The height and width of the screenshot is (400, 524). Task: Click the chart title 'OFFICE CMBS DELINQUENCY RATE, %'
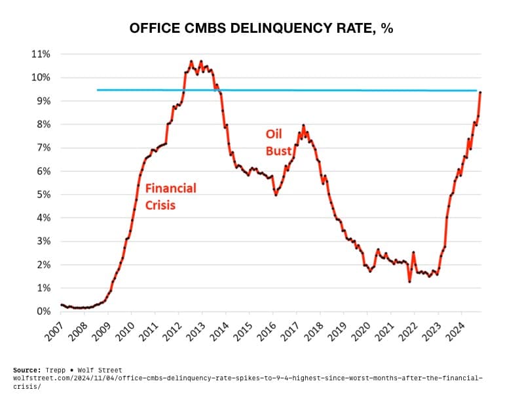[261, 29]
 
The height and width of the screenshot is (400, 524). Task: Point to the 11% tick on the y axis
[41, 54]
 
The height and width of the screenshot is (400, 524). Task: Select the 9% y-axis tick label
[43, 101]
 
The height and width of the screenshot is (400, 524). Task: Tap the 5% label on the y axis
[43, 195]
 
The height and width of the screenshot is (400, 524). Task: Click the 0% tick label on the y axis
[43, 311]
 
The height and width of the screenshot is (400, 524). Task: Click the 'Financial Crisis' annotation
[170, 196]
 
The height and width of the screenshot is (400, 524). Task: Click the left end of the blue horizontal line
[98, 90]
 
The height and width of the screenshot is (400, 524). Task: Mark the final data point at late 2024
[481, 92]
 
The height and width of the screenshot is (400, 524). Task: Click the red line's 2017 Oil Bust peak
[303, 125]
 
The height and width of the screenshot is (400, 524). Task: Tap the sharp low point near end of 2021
[409, 281]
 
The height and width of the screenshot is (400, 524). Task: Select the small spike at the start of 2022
[413, 252]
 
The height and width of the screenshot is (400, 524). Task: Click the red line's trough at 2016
[276, 195]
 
